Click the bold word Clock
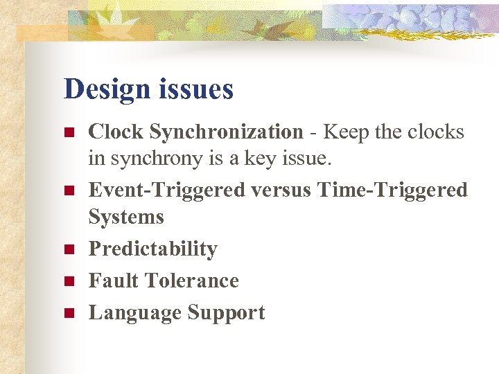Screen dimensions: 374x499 pyautogui.click(x=116, y=132)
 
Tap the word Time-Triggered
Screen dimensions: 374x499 pyautogui.click(x=392, y=190)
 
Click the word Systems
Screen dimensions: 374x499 pyautogui.click(x=126, y=217)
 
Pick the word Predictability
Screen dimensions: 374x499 pyautogui.click(x=152, y=249)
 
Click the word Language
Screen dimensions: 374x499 pyautogui.click(x=134, y=313)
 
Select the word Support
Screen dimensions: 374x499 pyautogui.click(x=225, y=313)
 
